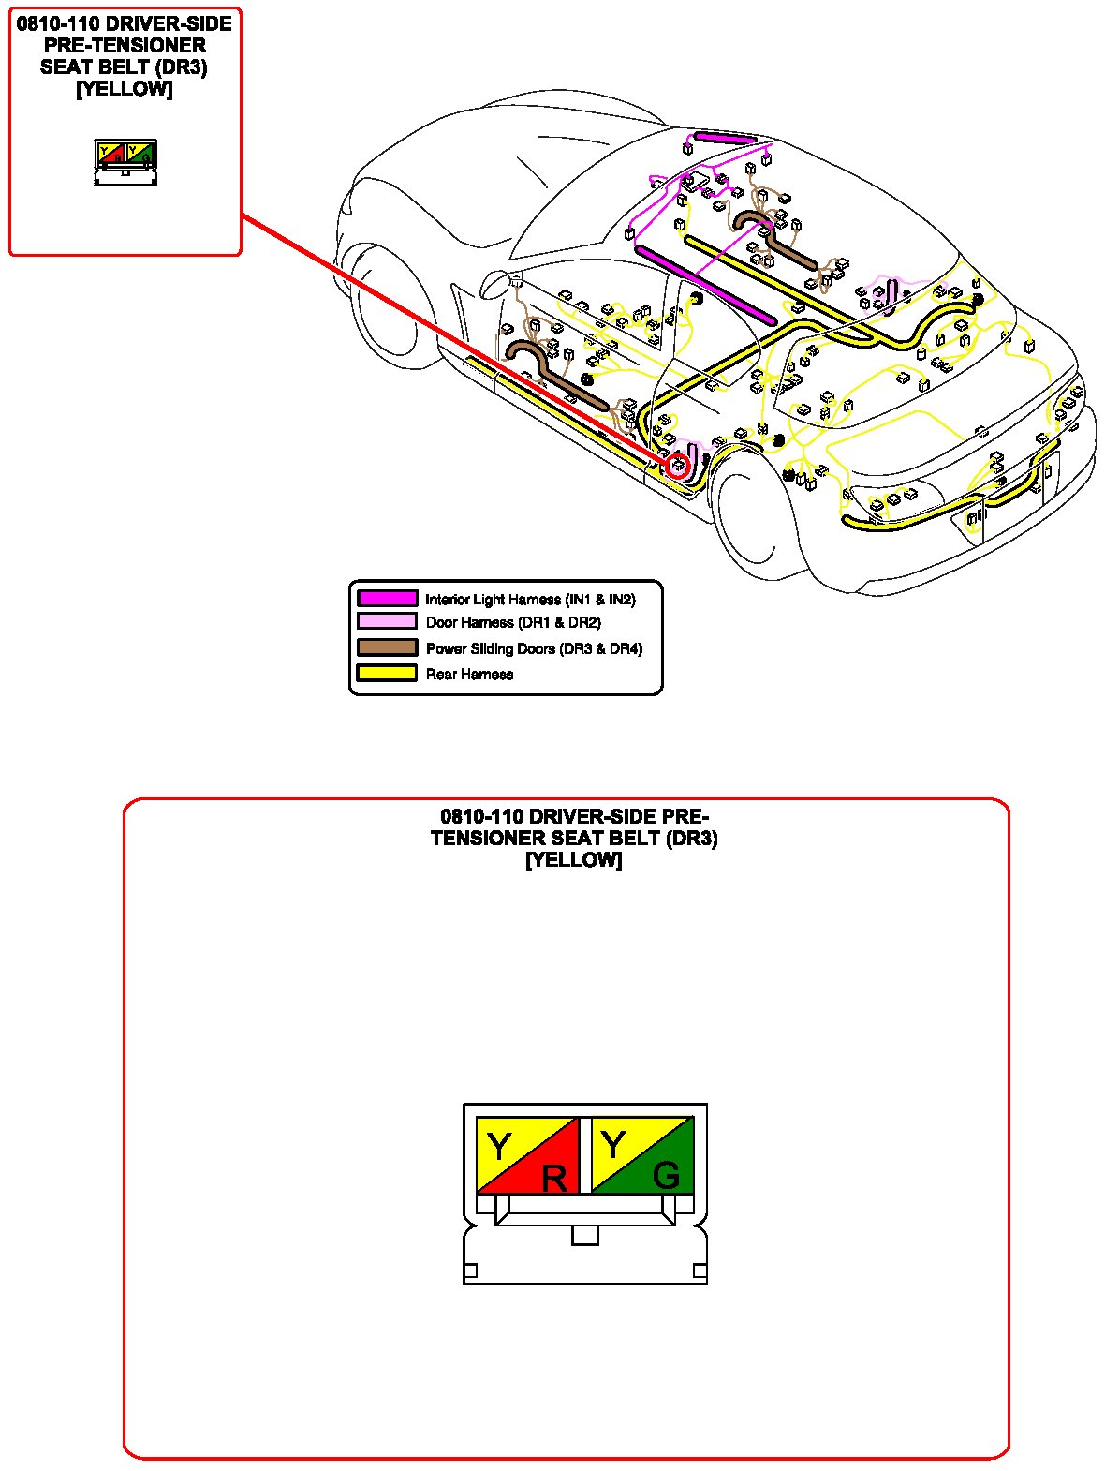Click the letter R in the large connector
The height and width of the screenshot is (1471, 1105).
pyautogui.click(x=554, y=1178)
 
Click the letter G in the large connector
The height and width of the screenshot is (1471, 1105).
pyautogui.click(x=666, y=1175)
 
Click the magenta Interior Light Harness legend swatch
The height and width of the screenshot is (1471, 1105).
pyautogui.click(x=387, y=599)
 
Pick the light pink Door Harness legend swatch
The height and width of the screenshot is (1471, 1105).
pyautogui.click(x=387, y=622)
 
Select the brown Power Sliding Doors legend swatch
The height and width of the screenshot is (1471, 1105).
pyautogui.click(x=387, y=647)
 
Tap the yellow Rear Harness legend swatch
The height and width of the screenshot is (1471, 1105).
pyautogui.click(x=387, y=673)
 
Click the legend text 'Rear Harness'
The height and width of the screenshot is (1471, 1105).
pyautogui.click(x=469, y=674)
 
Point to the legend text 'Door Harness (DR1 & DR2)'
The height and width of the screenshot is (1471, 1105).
pyautogui.click(x=513, y=622)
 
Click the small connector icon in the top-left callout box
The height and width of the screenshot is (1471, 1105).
pyautogui.click(x=125, y=162)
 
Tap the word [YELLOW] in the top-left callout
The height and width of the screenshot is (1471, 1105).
pyautogui.click(x=125, y=89)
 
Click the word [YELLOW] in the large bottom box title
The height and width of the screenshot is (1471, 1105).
pyautogui.click(x=574, y=859)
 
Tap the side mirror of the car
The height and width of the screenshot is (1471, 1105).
pyautogui.click(x=494, y=280)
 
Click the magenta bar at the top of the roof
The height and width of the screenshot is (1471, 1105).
pyautogui.click(x=725, y=138)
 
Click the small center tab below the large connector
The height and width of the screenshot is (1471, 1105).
pyautogui.click(x=584, y=1236)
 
